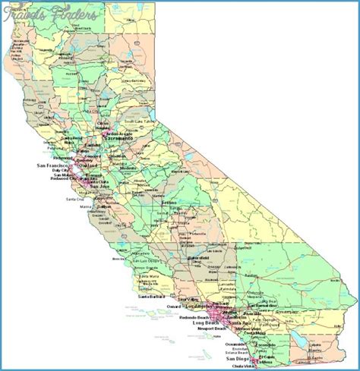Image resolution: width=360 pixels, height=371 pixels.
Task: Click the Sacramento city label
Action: [118, 140]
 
